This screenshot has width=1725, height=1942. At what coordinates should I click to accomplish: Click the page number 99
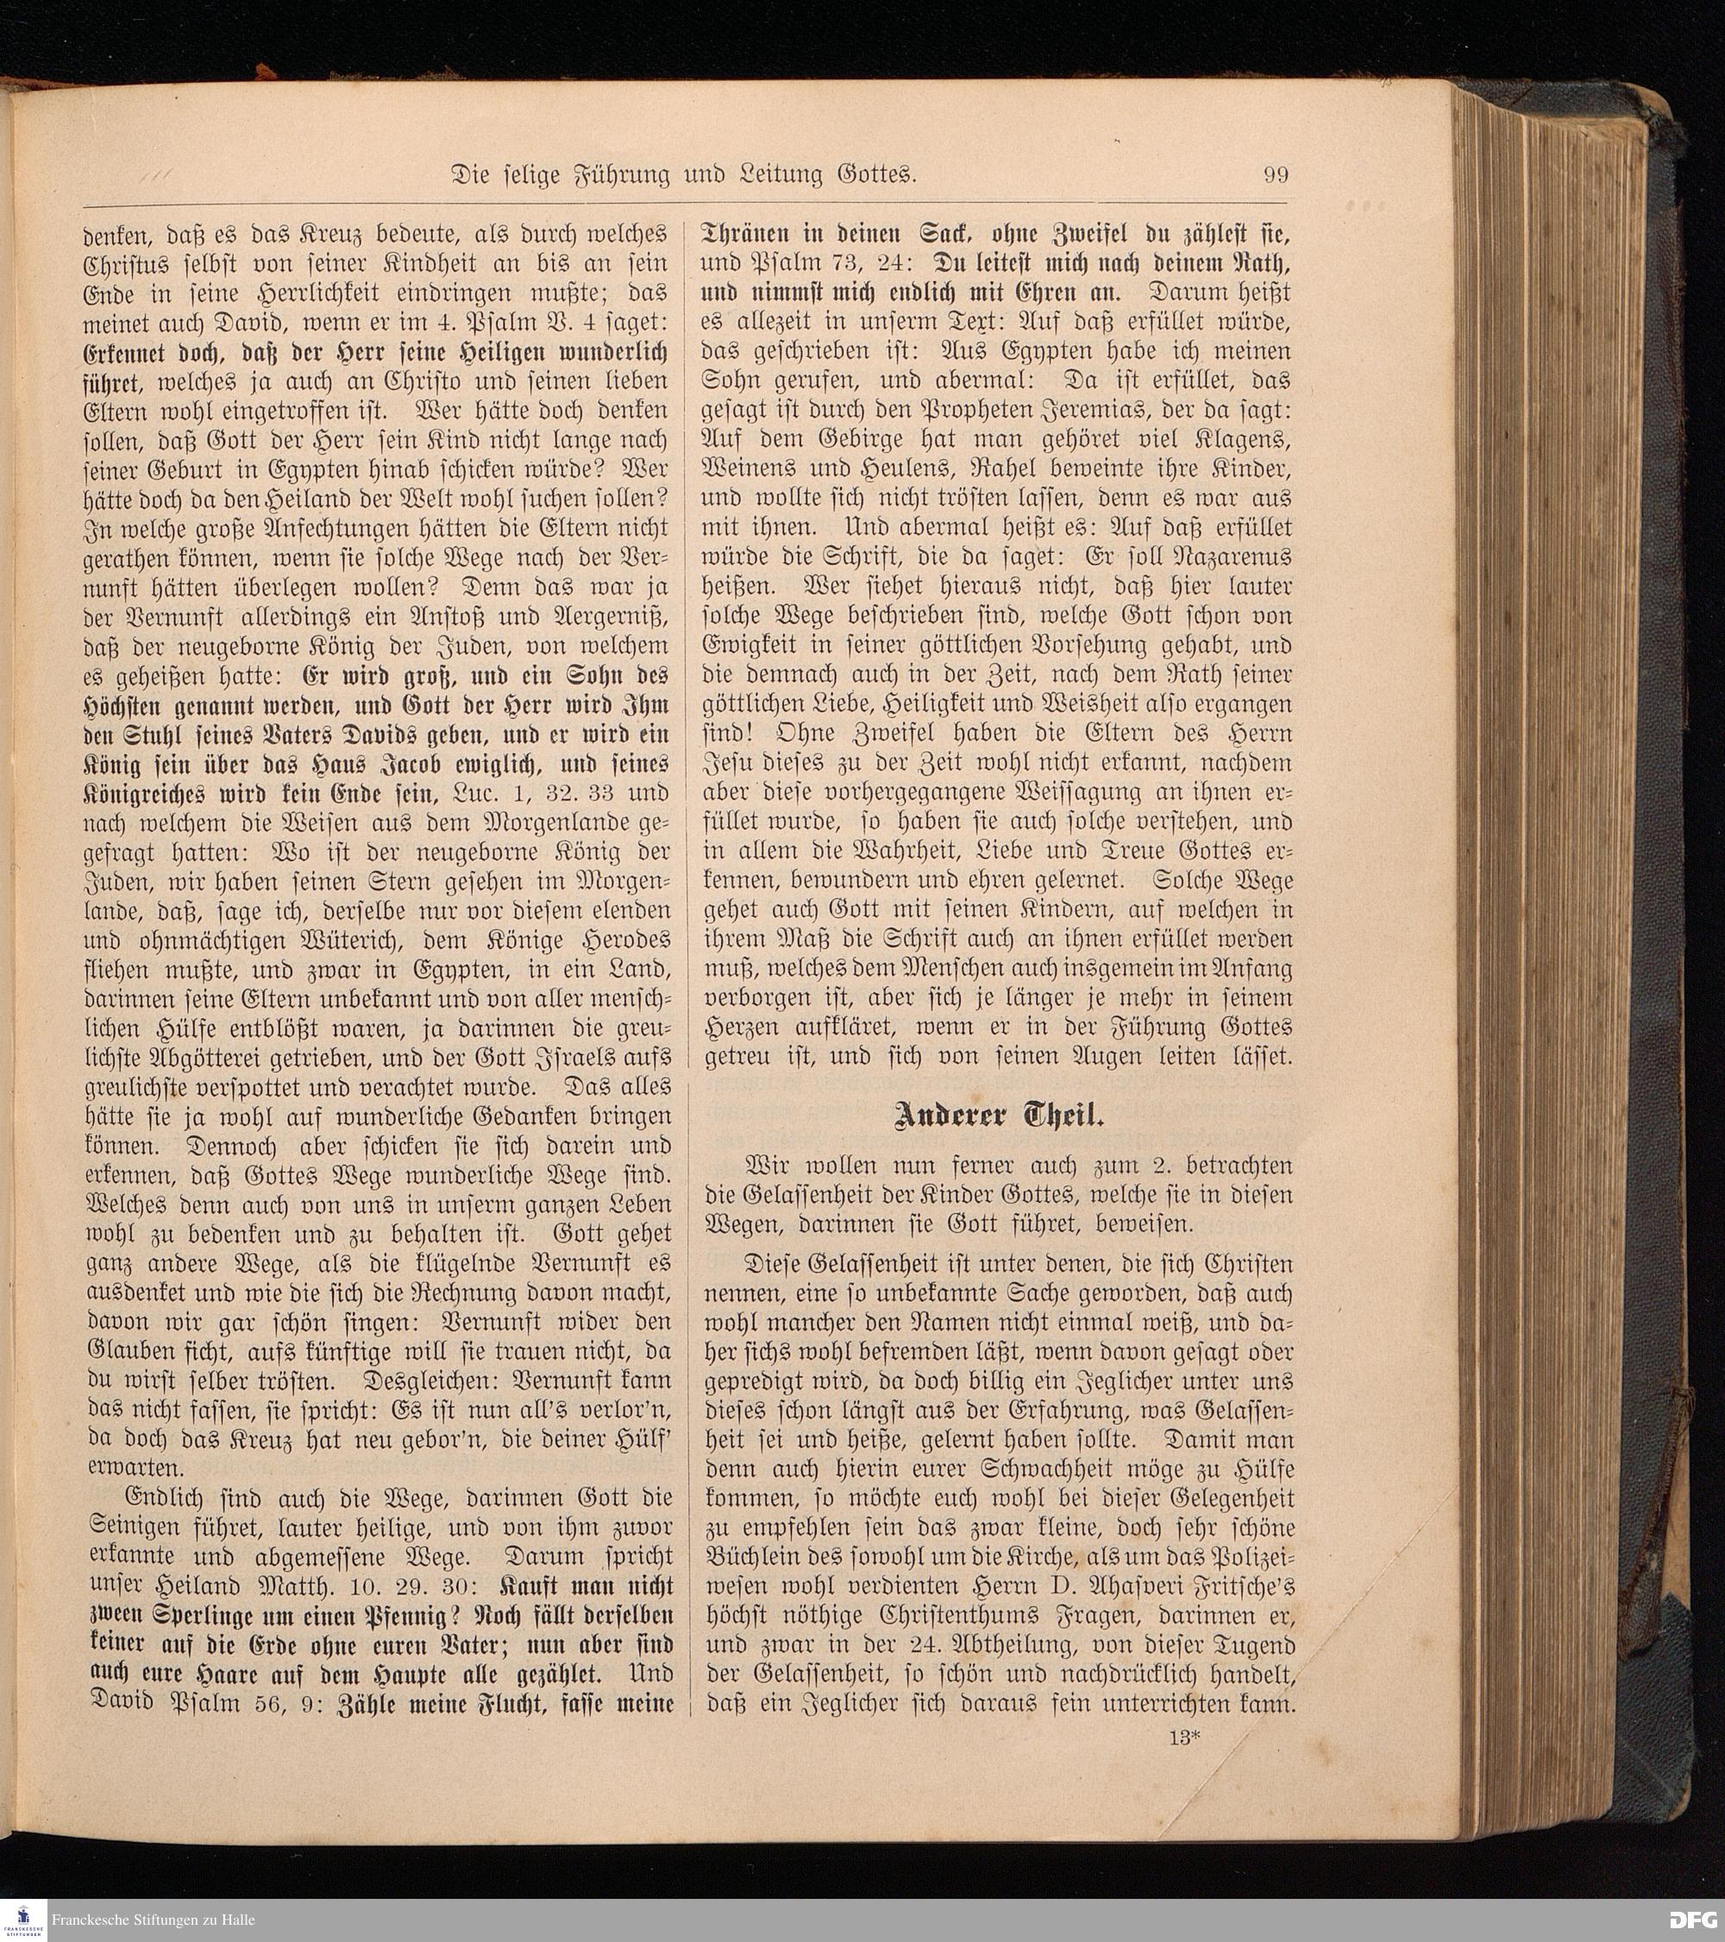[x=1275, y=175]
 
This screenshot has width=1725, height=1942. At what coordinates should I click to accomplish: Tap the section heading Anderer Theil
[x=997, y=1116]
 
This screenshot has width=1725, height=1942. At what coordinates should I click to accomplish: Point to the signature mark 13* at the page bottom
[x=1185, y=1736]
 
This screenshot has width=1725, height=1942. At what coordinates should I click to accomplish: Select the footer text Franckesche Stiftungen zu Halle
[x=153, y=1920]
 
